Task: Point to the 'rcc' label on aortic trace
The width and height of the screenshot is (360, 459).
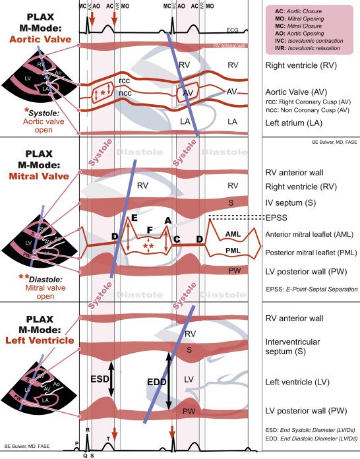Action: (123, 80)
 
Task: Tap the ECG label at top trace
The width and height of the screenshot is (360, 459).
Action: (232, 30)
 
